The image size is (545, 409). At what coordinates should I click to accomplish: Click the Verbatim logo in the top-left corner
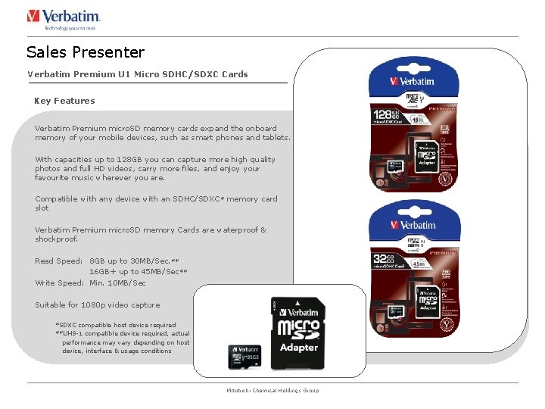(x=64, y=18)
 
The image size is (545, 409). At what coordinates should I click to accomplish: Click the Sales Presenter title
(x=85, y=52)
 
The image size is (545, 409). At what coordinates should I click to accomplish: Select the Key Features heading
(x=64, y=101)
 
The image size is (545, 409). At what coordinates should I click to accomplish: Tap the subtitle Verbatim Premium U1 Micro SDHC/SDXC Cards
(x=137, y=74)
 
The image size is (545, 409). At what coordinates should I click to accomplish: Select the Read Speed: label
(x=58, y=261)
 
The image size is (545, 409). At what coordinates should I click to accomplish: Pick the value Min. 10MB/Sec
(x=117, y=283)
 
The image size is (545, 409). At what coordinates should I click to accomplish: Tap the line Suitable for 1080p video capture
(x=97, y=305)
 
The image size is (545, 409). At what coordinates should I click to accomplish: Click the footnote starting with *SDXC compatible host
(x=115, y=325)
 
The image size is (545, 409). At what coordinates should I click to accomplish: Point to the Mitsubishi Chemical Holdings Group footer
(x=272, y=391)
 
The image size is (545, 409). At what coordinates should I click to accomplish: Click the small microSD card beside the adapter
(x=244, y=357)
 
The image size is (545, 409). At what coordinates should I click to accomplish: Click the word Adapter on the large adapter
(x=299, y=348)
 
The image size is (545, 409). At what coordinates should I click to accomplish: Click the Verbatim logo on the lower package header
(x=413, y=226)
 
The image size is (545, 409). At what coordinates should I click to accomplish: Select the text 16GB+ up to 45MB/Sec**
(x=139, y=272)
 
